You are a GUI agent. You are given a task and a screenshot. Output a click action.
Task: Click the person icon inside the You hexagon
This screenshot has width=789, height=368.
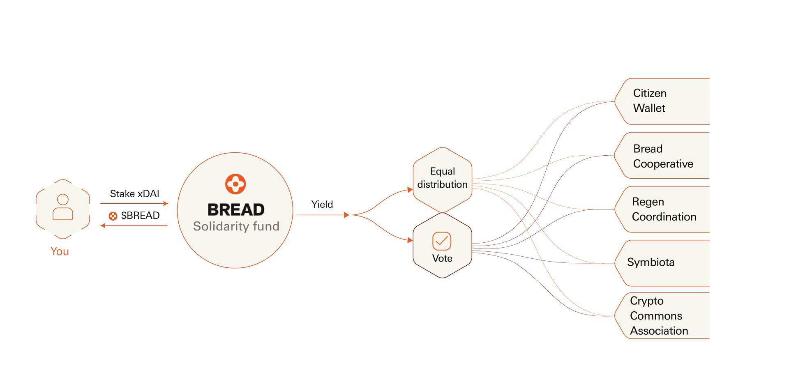coord(63,207)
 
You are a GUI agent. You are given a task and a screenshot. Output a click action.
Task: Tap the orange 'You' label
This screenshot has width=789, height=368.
coord(60,251)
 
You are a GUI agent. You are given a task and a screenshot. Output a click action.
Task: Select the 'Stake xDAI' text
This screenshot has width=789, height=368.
coord(134,194)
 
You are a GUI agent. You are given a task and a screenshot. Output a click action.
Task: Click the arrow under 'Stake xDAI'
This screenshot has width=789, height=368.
coord(134,203)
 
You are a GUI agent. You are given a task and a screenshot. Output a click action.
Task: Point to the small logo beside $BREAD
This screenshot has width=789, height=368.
coord(113,216)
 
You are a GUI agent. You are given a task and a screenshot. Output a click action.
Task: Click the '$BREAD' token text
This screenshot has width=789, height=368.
coord(140,216)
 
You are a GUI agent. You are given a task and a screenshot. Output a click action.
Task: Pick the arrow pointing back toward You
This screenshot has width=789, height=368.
coord(134,225)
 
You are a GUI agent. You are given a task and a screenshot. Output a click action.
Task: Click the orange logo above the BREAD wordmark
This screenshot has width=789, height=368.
coord(235,184)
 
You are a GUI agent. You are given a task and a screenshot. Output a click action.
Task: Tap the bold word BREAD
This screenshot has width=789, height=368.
coord(236,209)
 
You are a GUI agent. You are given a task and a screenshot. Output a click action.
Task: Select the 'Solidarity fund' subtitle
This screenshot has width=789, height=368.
coord(236,226)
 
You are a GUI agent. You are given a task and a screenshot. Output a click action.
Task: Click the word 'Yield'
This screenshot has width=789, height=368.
coord(322,205)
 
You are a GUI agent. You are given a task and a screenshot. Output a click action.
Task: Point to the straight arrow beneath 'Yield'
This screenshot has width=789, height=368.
coord(323,215)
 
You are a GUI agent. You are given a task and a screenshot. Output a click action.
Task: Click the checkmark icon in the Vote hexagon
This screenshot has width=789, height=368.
coord(442,241)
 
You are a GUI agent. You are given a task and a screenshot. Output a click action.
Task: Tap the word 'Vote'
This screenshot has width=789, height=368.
coord(442,258)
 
